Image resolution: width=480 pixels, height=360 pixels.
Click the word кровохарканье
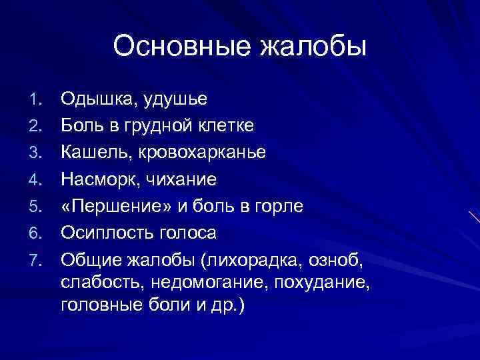click(x=202, y=153)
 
